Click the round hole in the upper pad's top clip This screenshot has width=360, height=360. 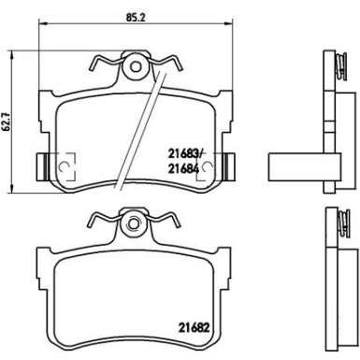point(137,67)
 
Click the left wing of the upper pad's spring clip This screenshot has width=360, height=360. point(104,65)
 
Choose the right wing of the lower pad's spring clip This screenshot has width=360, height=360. point(168,222)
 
